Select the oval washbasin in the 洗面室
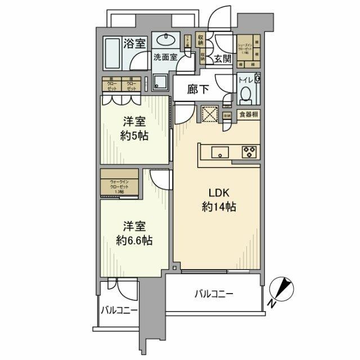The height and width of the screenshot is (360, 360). tap(165, 40)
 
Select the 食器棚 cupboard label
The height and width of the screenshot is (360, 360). tap(248, 115)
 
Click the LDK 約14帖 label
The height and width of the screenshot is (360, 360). tap(219, 199)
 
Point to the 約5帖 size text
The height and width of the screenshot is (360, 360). tap(135, 136)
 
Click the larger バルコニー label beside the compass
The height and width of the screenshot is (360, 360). tap(214, 293)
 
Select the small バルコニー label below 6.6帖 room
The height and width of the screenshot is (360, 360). tap(119, 310)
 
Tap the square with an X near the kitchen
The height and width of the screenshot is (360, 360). tap(209, 114)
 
